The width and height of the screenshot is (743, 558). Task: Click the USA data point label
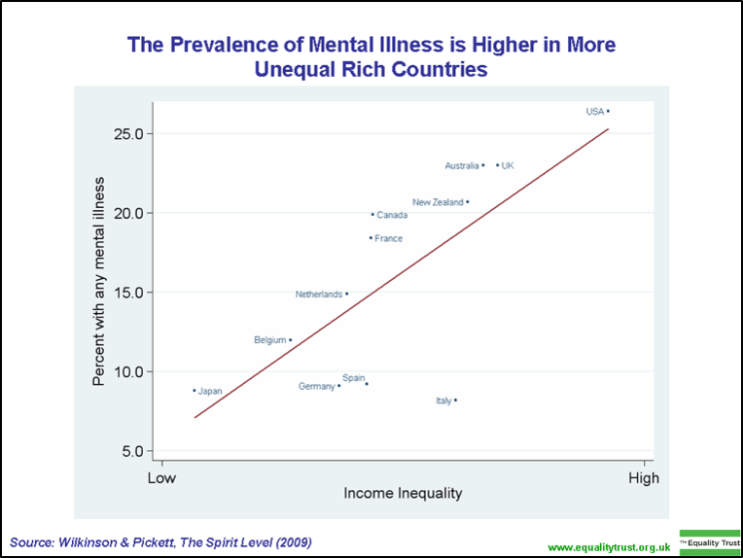(x=594, y=112)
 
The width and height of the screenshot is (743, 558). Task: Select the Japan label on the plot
(x=210, y=392)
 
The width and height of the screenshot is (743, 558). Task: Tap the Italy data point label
(x=443, y=401)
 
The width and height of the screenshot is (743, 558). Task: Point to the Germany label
(x=317, y=387)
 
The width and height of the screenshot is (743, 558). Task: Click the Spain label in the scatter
(x=353, y=377)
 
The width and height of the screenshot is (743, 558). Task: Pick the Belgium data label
(x=269, y=340)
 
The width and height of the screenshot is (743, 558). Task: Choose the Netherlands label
(x=319, y=294)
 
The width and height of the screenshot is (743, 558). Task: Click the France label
(x=388, y=238)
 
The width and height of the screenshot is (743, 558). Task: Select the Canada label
(x=392, y=215)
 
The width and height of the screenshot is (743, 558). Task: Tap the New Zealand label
(x=438, y=202)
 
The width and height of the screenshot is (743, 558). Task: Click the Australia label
(x=462, y=166)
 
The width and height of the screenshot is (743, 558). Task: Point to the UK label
(x=508, y=166)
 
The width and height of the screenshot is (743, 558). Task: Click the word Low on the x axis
(x=161, y=478)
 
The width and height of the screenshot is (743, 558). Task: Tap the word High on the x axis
(x=644, y=478)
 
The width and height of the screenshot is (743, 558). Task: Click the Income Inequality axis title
(x=403, y=494)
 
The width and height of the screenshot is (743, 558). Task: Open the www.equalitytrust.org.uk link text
(x=610, y=548)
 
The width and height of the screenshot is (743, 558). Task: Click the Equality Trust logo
(x=710, y=541)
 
